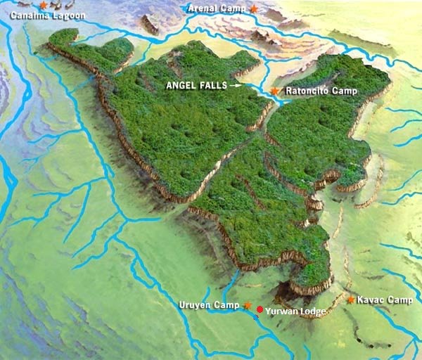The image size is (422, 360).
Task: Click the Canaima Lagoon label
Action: pyautogui.click(x=47, y=15)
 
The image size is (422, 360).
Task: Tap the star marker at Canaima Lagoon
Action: pyautogui.click(x=43, y=5)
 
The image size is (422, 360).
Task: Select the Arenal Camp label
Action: pyautogui.click(x=217, y=8)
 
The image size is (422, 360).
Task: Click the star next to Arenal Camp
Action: pyautogui.click(x=253, y=8)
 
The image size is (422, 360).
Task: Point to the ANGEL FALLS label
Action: pyautogui.click(x=197, y=85)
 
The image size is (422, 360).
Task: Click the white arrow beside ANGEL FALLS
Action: pyautogui.click(x=236, y=85)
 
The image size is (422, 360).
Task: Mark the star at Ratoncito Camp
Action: pyautogui.click(x=274, y=91)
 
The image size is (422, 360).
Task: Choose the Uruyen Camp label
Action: pyautogui.click(x=210, y=305)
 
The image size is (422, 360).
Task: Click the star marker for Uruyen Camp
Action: pyautogui.click(x=247, y=305)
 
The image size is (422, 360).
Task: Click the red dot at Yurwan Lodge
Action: pyautogui.click(x=260, y=309)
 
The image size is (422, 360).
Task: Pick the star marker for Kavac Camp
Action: pyautogui.click(x=350, y=300)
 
